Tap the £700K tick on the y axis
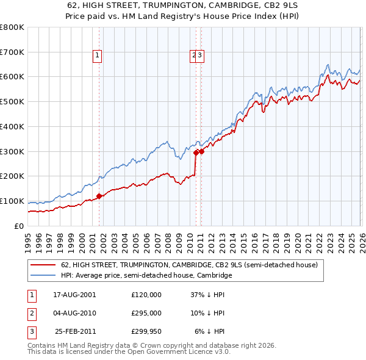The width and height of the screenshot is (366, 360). click(x=12, y=52)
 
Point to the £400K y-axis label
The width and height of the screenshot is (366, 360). click(x=12, y=127)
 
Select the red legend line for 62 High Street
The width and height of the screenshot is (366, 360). click(x=44, y=265)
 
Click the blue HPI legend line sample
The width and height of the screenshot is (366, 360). click(x=44, y=276)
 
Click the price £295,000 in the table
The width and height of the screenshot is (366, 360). click(x=146, y=313)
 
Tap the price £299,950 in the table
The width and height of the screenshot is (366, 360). click(x=146, y=332)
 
